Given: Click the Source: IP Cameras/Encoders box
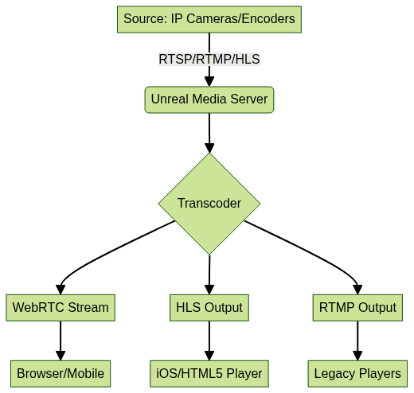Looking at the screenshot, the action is (209, 19).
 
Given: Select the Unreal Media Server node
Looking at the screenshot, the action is (209, 99).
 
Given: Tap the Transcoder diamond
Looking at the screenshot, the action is (209, 204).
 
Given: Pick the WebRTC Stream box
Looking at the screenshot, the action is (61, 308).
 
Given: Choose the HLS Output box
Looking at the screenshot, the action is (209, 308).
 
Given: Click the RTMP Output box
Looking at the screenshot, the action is (357, 308).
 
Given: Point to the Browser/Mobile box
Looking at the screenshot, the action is (61, 374).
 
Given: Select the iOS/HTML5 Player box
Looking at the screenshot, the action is (209, 374).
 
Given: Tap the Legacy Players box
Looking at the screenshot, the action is (357, 374).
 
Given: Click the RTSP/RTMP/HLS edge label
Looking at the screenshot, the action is (209, 59).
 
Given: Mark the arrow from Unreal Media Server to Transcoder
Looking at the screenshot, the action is (209, 133).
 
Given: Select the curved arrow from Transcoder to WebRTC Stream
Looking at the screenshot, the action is (106, 251).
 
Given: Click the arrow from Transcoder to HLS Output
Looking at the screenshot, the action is (209, 274).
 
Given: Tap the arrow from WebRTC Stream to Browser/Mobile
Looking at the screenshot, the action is (61, 340).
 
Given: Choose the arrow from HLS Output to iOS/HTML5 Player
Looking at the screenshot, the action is (209, 340).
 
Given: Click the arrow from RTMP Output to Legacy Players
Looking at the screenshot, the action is (357, 340).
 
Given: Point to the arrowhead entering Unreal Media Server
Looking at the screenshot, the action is (209, 81).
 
